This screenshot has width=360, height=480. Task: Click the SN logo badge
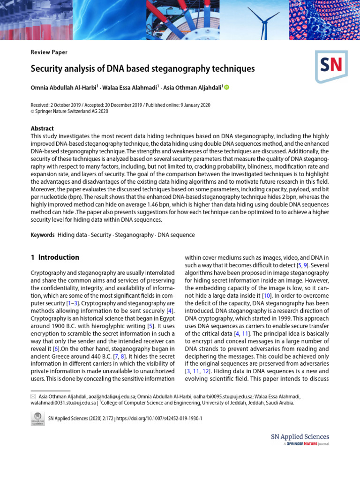coord(331,66)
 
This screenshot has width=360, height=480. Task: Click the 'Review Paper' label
coord(49,52)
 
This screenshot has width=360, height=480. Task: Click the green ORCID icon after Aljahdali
coord(227,88)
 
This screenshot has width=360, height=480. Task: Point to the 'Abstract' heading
coord(42,128)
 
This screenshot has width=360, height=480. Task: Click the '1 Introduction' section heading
coord(55,257)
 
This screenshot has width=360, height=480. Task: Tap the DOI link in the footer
coord(159,418)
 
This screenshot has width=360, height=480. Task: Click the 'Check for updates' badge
coord(37,418)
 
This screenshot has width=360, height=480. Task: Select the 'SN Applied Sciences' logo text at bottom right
coord(300,437)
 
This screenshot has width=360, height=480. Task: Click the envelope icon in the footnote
coord(33,397)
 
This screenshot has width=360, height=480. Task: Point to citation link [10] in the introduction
coord(266,296)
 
